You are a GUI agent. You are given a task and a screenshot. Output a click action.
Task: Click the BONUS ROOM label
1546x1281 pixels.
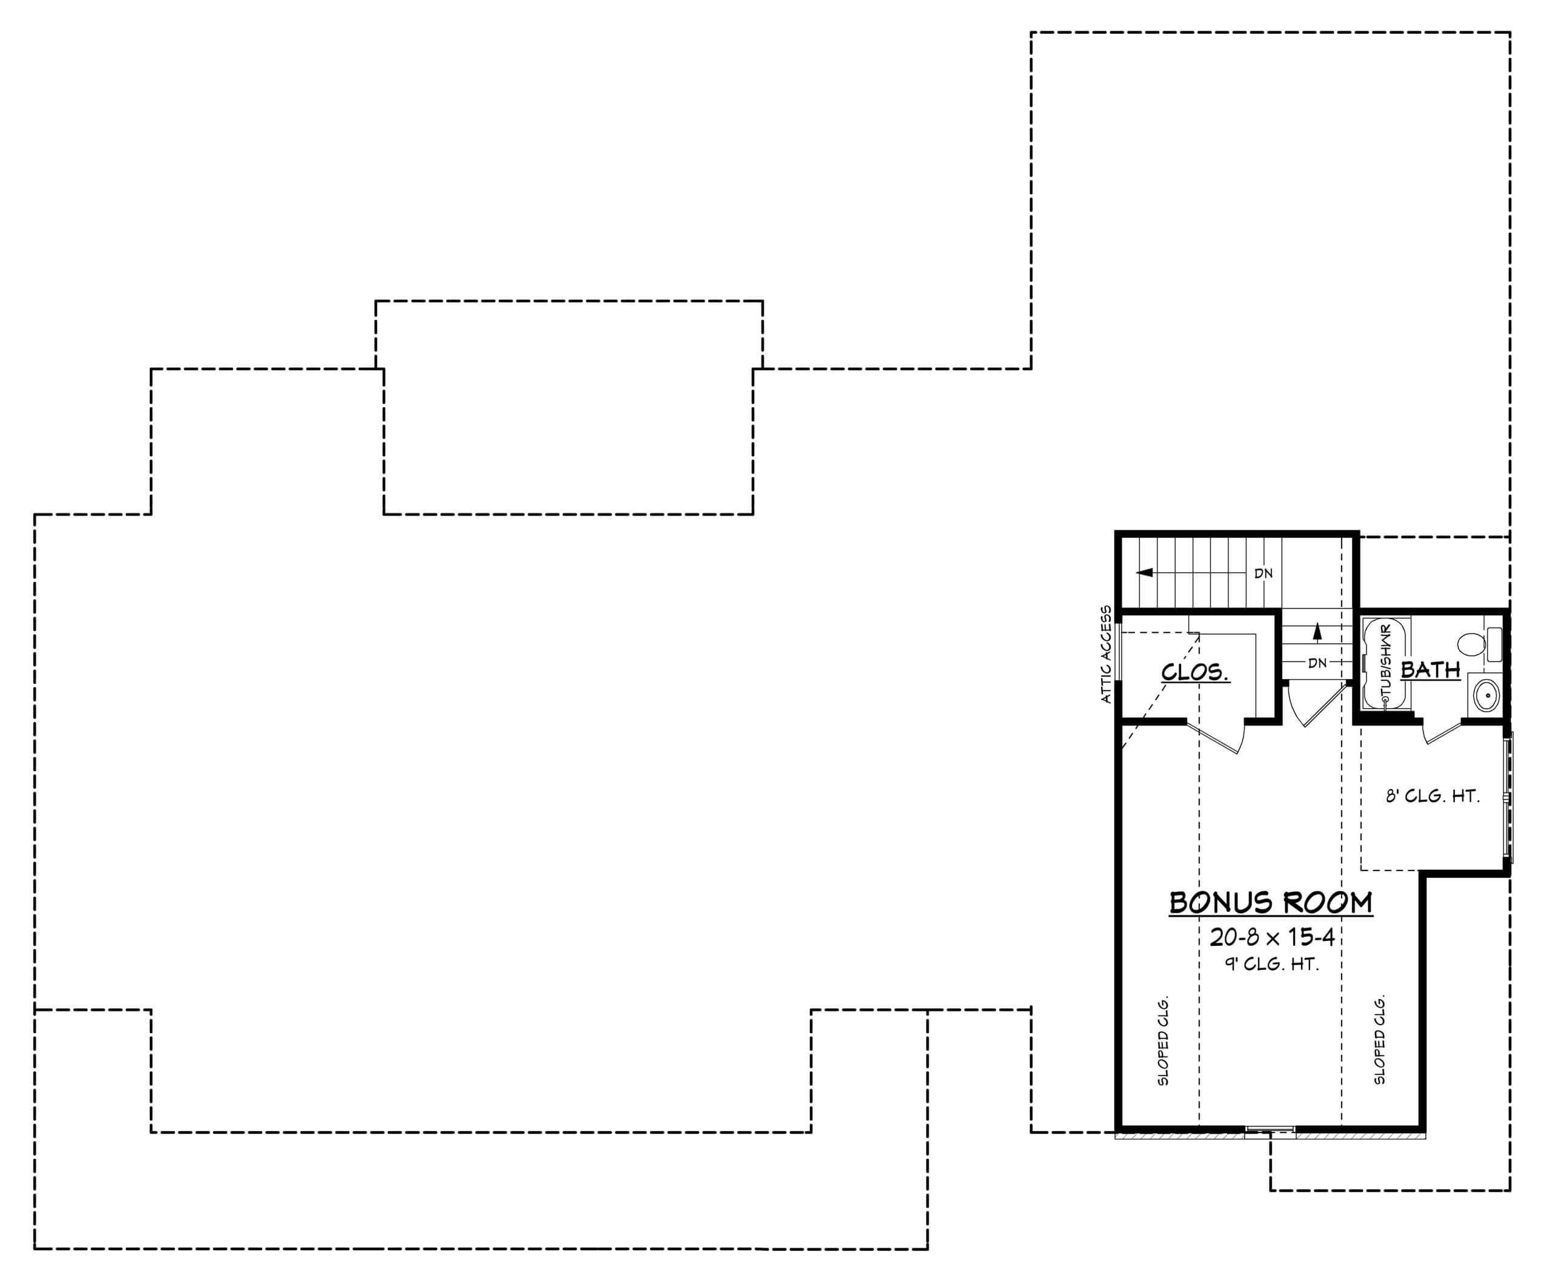coord(1271,903)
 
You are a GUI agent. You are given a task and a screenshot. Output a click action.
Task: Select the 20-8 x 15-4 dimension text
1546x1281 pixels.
coord(1272,937)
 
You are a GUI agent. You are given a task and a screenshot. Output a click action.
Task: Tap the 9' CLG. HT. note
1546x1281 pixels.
coord(1271,964)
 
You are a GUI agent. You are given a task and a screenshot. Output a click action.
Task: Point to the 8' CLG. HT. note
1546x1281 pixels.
coord(1433,796)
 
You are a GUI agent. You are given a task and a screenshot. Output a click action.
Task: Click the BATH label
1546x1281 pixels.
coord(1430,670)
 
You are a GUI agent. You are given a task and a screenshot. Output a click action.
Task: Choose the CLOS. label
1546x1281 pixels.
coord(1195,672)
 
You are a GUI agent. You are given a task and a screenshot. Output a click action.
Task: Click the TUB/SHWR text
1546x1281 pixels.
coord(1385,663)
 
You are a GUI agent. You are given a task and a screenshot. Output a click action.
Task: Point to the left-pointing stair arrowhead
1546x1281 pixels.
coord(1145,573)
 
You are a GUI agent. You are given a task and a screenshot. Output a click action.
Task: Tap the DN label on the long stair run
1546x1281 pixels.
coord(1263,574)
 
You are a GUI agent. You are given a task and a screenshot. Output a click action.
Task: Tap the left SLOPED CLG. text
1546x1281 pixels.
coord(1163,1041)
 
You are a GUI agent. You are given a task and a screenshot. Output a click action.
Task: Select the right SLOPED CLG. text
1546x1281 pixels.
coord(1380,1040)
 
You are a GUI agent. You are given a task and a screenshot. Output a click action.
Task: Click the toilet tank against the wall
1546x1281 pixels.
coord(1494,644)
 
